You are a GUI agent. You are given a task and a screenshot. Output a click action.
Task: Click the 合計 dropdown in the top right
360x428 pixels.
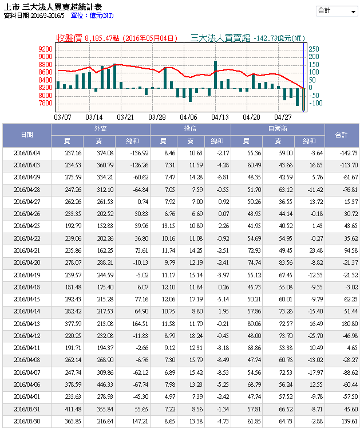[337, 11]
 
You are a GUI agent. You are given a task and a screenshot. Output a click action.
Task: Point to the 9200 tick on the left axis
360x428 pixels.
[46, 50]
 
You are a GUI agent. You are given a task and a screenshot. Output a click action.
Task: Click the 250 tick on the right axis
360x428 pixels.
[314, 49]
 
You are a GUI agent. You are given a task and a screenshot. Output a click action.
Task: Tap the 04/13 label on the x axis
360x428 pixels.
[220, 116]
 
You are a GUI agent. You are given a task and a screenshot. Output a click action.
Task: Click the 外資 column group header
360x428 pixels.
[100, 129]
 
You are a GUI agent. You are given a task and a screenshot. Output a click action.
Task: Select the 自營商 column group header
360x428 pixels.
[278, 129]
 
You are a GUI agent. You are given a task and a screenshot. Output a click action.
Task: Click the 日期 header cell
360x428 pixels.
[27, 135]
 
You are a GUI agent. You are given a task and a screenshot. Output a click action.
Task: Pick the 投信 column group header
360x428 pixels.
[191, 129]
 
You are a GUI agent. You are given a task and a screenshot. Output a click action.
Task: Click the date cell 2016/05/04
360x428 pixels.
[27, 154]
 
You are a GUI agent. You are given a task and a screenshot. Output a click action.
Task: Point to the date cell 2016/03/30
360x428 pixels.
[27, 421]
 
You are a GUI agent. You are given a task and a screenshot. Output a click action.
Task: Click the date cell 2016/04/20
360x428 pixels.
[27, 262]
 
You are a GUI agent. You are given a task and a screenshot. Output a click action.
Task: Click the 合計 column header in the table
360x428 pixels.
[342, 135]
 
